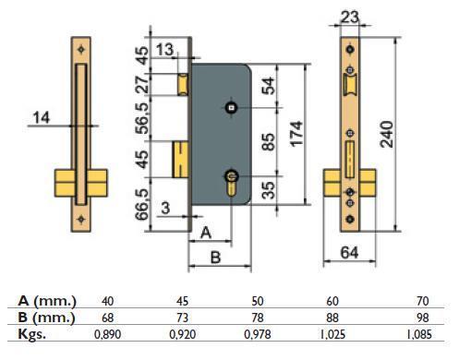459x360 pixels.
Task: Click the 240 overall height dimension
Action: click(x=387, y=134)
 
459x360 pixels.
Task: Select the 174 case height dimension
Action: click(x=297, y=134)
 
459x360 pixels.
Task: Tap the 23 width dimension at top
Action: click(x=349, y=18)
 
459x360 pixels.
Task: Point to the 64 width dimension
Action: click(x=349, y=253)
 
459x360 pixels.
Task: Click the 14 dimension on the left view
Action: click(x=41, y=118)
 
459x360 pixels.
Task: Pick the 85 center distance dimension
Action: click(x=268, y=141)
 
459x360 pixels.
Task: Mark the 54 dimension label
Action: click(x=268, y=86)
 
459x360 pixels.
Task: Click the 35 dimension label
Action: click(x=268, y=190)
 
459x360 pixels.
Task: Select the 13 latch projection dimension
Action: click(x=165, y=50)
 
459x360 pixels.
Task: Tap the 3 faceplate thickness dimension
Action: click(x=165, y=208)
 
